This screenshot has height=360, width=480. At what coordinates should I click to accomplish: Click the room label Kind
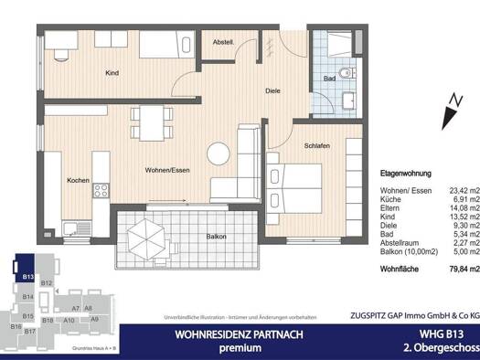coord(112,72)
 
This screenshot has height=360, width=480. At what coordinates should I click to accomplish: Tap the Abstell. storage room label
coord(224,42)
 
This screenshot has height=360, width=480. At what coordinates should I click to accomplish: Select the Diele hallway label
coord(272,90)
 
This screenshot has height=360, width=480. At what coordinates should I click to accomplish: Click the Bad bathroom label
coord(329,79)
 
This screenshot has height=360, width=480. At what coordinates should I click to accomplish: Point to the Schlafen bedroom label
coord(317,146)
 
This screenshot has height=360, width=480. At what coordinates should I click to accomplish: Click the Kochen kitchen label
coord(78,180)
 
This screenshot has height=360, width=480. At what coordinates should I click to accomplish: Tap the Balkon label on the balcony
coord(217,236)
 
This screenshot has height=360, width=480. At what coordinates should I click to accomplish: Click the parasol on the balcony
coord(154,240)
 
